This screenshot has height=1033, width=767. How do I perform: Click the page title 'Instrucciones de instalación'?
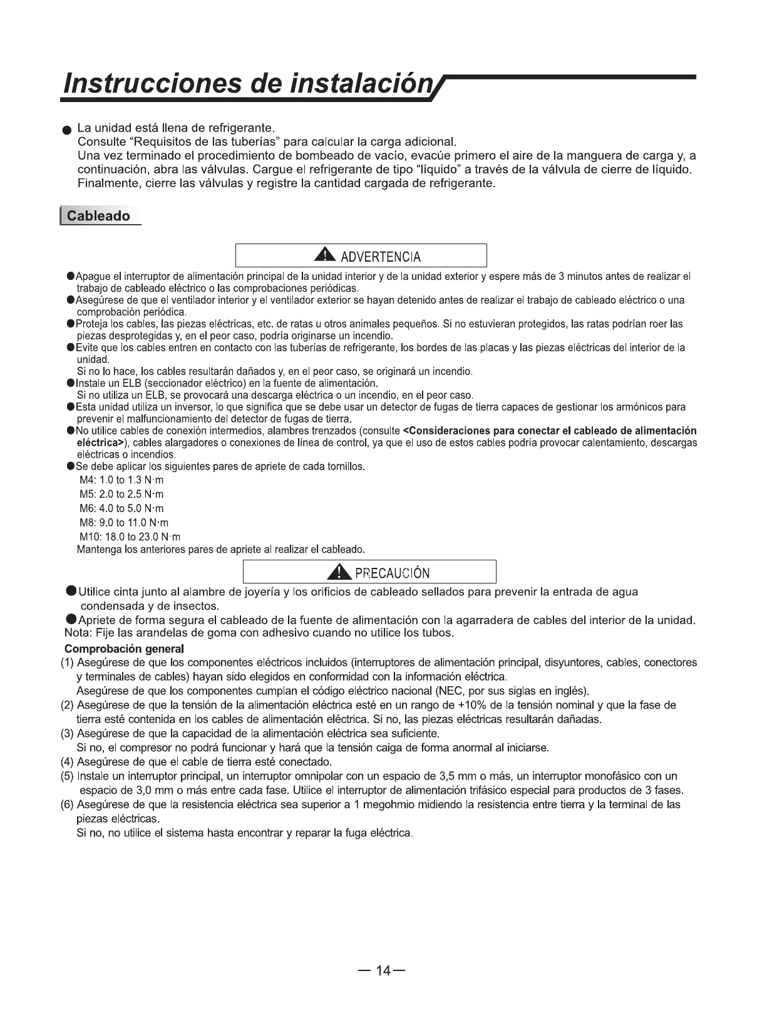pos(250,84)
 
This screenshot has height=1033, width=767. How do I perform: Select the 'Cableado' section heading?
pos(98,216)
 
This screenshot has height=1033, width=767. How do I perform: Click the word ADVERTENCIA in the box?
pos(380,257)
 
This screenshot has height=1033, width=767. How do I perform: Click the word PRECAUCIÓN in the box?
pos(392,573)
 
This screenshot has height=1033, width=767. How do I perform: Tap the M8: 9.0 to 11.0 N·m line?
pos(124,523)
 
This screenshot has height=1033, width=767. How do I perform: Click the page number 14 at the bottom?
pos(383,971)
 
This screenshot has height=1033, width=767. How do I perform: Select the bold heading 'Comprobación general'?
pos(125,649)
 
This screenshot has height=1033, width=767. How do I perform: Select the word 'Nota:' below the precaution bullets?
pos(78,633)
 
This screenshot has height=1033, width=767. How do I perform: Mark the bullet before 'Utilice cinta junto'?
pos(72,592)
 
